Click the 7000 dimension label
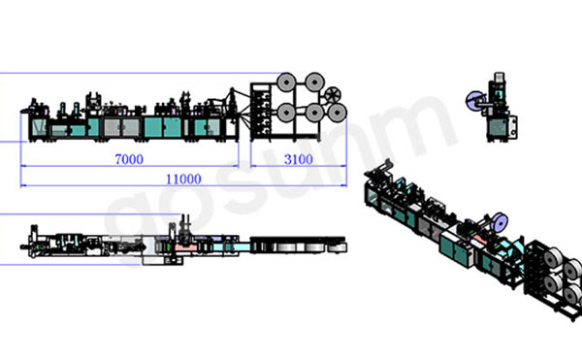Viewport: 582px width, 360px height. tap(129, 159)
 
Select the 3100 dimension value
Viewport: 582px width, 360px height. tap(299, 159)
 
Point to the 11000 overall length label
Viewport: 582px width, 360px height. tap(183, 180)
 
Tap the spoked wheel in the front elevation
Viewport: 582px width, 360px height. tap(332, 94)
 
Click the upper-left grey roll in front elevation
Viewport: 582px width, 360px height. tap(286, 82)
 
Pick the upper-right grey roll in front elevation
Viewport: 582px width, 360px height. tap(314, 82)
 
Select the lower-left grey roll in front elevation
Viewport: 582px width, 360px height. tap(286, 113)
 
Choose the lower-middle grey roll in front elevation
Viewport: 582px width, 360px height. tap(314, 113)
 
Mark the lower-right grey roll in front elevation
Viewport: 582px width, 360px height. tap(337, 113)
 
